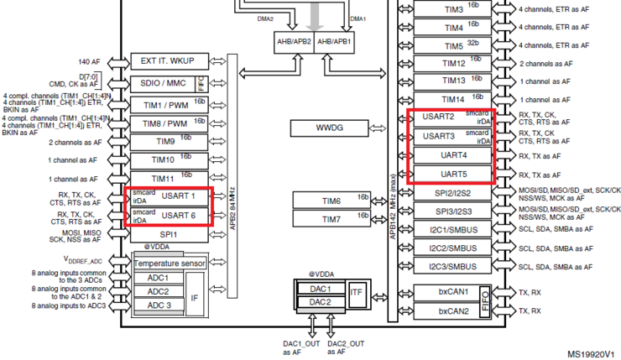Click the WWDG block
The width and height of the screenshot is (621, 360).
coord(331,128)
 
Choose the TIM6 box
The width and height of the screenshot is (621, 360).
coord(331,201)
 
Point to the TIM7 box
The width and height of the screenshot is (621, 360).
coord(331,220)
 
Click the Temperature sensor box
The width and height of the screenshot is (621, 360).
coord(170,263)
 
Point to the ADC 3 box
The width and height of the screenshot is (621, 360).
coord(159,305)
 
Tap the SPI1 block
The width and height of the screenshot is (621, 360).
coord(169,234)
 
